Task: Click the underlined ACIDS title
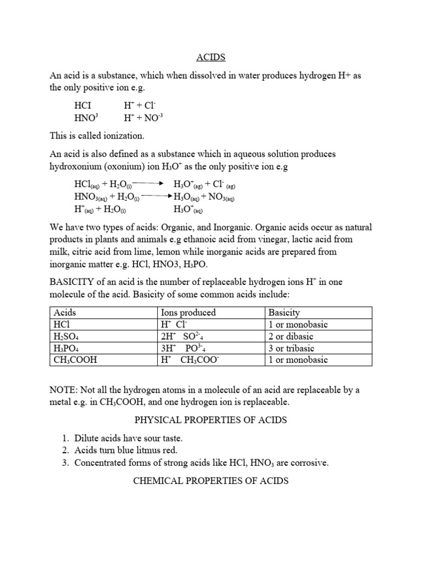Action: [x=211, y=57]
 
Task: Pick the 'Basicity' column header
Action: [x=284, y=312]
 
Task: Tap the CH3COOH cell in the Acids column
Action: [x=75, y=360]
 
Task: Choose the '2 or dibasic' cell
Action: [x=291, y=336]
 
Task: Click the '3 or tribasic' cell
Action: [x=292, y=348]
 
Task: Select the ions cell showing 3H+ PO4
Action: [x=181, y=348]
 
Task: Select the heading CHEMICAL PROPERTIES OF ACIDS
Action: [x=211, y=481]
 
